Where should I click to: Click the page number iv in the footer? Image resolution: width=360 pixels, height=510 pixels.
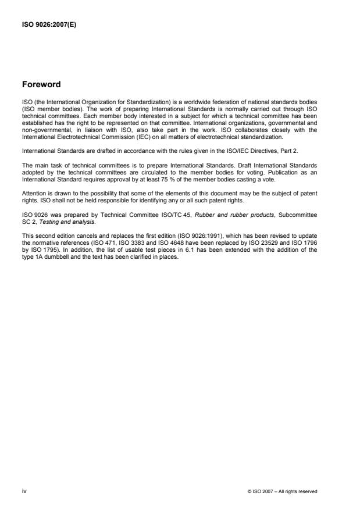tap(24, 491)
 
